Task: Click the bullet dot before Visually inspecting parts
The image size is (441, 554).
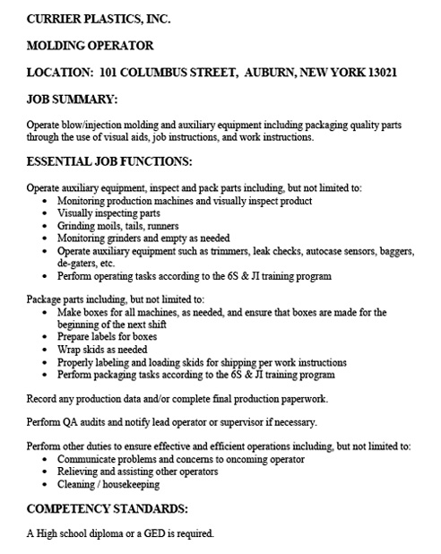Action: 46,215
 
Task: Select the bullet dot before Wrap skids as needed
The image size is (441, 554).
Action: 46,349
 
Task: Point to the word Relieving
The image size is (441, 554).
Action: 81,472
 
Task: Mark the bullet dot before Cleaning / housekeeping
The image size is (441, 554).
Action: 46,484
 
